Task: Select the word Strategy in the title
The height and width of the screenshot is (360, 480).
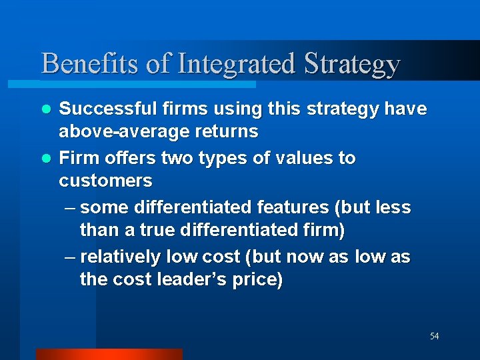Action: point(352,64)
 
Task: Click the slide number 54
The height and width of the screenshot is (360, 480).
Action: point(434,336)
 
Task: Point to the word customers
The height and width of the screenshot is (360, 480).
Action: point(105,181)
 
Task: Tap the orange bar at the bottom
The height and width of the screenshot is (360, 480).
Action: point(109,354)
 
